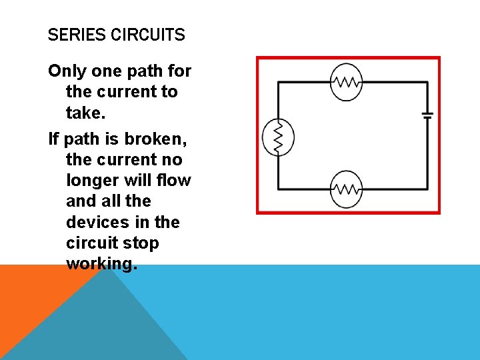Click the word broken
[x=155, y=139]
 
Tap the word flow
[x=175, y=180]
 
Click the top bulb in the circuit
[x=346, y=83]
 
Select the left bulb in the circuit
[x=279, y=137]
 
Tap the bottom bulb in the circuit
[x=346, y=189]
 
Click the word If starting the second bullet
[x=54, y=139]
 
